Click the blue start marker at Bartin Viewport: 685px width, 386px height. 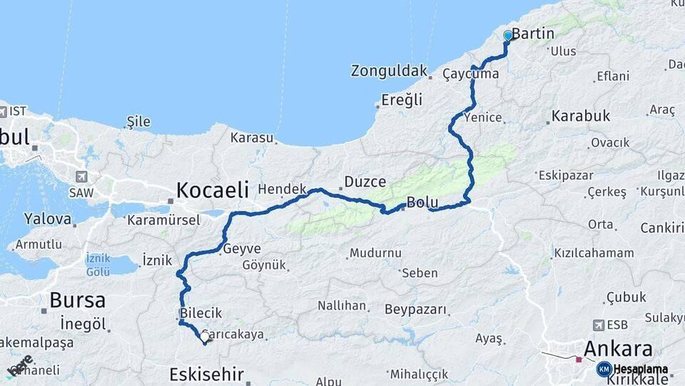coord(508,35)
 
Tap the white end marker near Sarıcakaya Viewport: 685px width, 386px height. coord(205,337)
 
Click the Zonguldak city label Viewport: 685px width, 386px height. coord(389,71)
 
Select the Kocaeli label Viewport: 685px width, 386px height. coord(213,190)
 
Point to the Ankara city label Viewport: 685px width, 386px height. coord(618,350)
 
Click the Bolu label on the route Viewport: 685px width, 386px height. coord(422,203)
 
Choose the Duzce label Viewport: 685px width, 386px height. coord(365,182)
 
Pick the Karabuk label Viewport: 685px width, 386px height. coord(581,116)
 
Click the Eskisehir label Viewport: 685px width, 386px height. coord(207,374)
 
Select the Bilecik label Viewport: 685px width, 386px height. coord(202,313)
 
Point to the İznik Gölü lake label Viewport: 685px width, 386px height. coord(97,264)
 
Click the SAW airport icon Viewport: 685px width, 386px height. coord(80,177)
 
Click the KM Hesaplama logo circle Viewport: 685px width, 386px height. coord(604,369)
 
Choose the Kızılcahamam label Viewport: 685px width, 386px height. coord(593,253)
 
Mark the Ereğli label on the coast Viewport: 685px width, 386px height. coord(402,100)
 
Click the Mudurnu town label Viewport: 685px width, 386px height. coord(375,253)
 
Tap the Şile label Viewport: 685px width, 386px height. coord(138,122)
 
